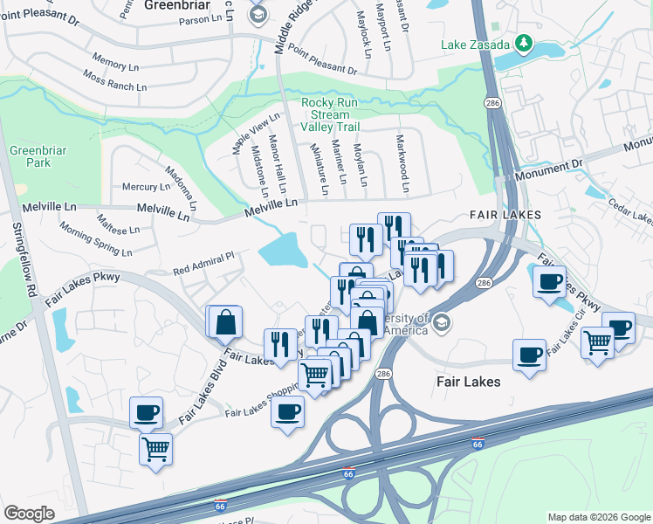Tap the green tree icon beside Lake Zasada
[524, 42]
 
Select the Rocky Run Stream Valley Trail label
[326, 114]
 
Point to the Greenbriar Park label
[31, 156]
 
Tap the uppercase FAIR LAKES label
[505, 214]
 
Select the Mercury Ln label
[146, 187]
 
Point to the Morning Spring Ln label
[95, 238]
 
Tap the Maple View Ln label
[256, 134]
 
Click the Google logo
[30, 514]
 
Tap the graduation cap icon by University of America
[441, 323]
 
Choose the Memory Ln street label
[109, 64]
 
